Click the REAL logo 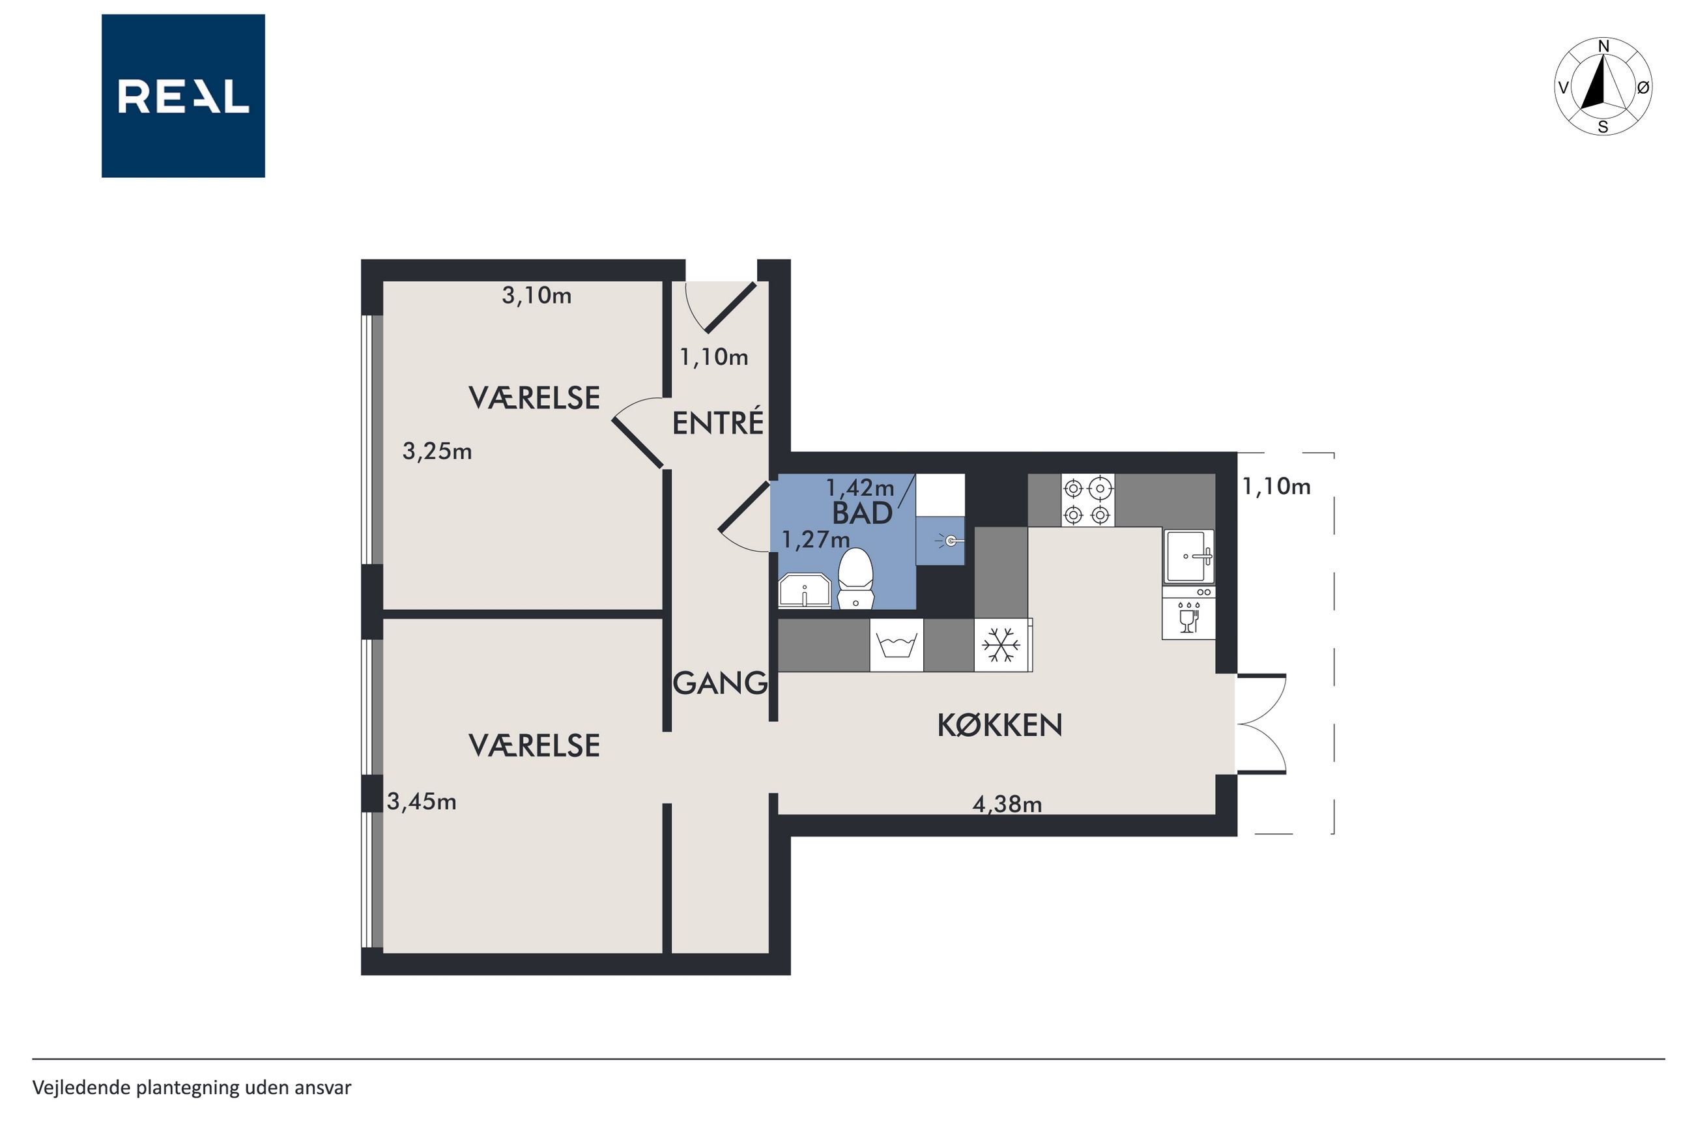[x=183, y=96]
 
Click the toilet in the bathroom [x=855, y=578]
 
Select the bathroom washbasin [x=805, y=590]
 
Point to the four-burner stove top [x=1087, y=500]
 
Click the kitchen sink [x=1189, y=556]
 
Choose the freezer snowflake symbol [x=1002, y=644]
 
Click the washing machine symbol [x=897, y=645]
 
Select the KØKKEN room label [x=999, y=725]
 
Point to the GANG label [x=720, y=683]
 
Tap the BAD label [x=862, y=513]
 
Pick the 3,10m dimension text [x=536, y=295]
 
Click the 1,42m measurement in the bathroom [x=859, y=488]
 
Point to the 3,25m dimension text [x=437, y=451]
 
